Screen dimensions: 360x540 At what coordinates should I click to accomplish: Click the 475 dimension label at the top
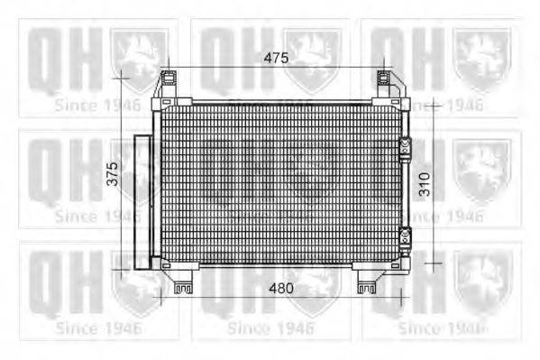[275, 58]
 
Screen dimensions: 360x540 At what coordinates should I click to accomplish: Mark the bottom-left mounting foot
[183, 282]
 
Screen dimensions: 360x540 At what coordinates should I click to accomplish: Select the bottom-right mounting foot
[367, 282]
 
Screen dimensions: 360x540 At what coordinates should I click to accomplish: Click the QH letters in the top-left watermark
[61, 59]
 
